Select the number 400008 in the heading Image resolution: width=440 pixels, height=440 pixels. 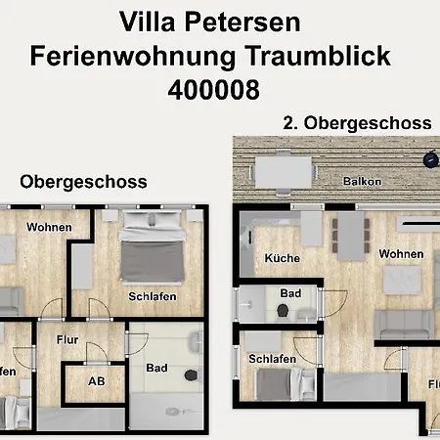[213, 90]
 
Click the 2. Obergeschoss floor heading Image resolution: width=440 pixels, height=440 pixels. [357, 123]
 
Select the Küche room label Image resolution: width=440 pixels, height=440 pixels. [283, 258]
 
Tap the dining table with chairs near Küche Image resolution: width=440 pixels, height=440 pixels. [347, 235]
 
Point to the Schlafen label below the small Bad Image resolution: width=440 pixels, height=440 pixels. [273, 359]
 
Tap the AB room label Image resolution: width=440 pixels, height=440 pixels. [96, 382]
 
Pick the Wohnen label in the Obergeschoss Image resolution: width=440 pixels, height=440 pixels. [49, 227]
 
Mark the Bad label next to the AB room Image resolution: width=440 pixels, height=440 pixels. [156, 369]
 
